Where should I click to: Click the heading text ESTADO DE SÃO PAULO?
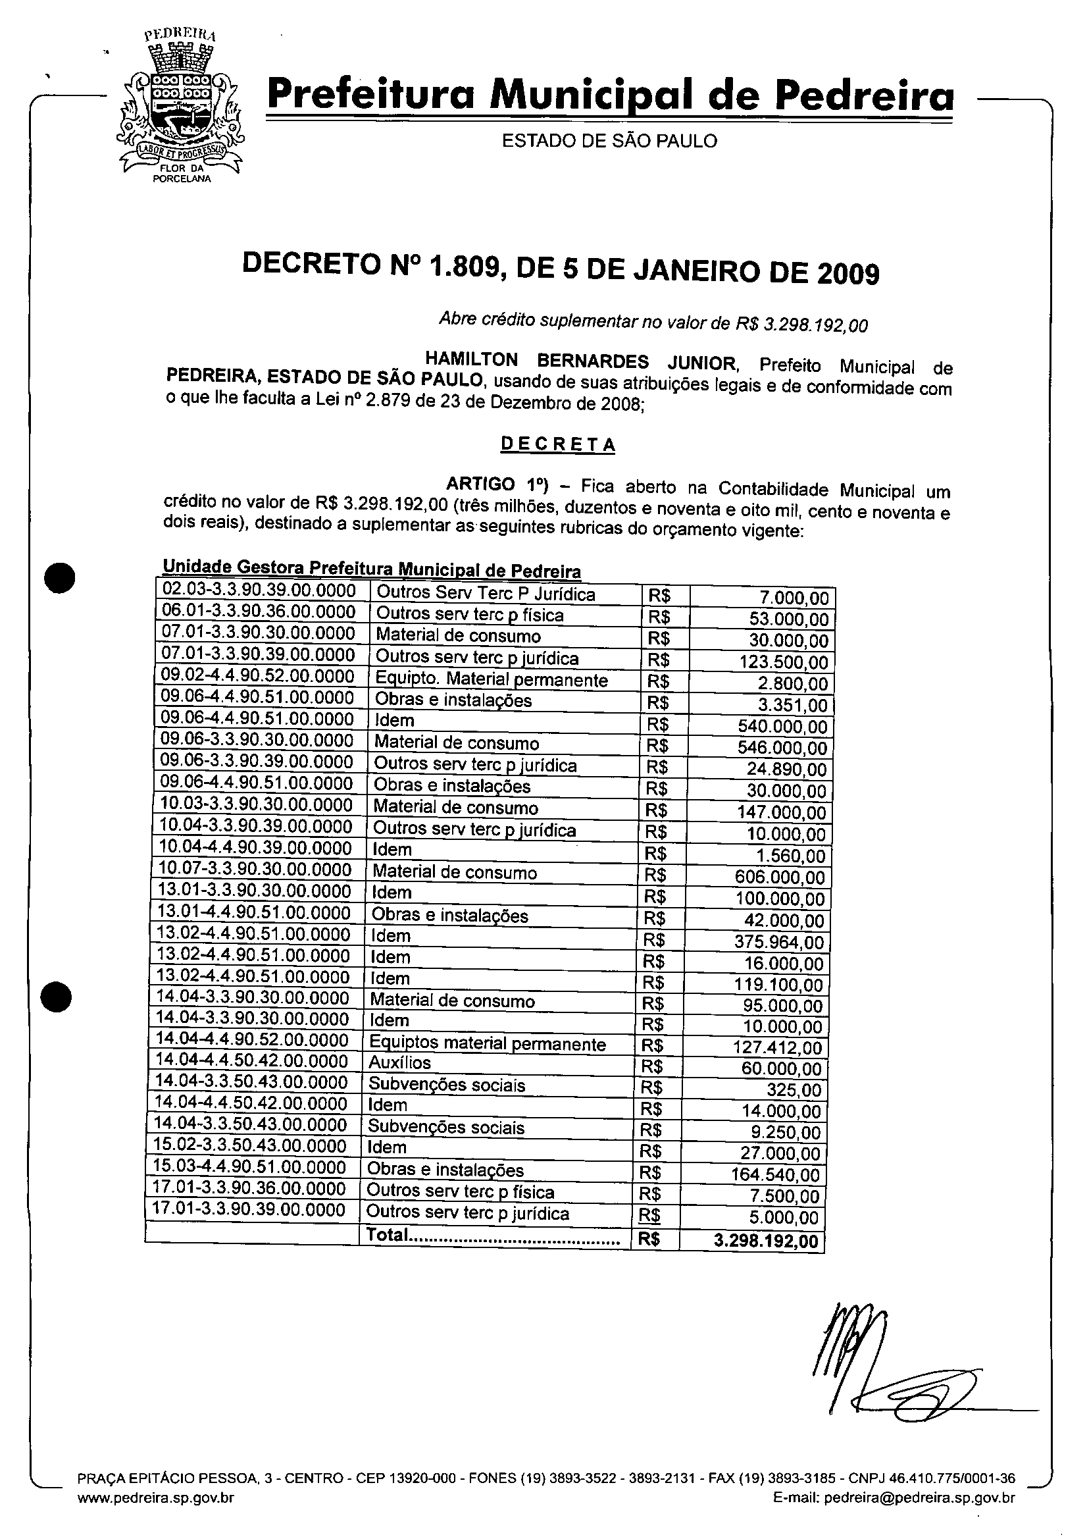[609, 141]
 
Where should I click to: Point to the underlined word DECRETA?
[557, 444]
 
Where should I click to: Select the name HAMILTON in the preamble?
[472, 360]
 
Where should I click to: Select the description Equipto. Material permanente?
[492, 680]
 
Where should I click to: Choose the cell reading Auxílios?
[400, 1062]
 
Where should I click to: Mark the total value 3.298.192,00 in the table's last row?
[766, 1241]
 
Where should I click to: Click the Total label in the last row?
[388, 1234]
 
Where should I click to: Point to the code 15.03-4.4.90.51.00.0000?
[249, 1167]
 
